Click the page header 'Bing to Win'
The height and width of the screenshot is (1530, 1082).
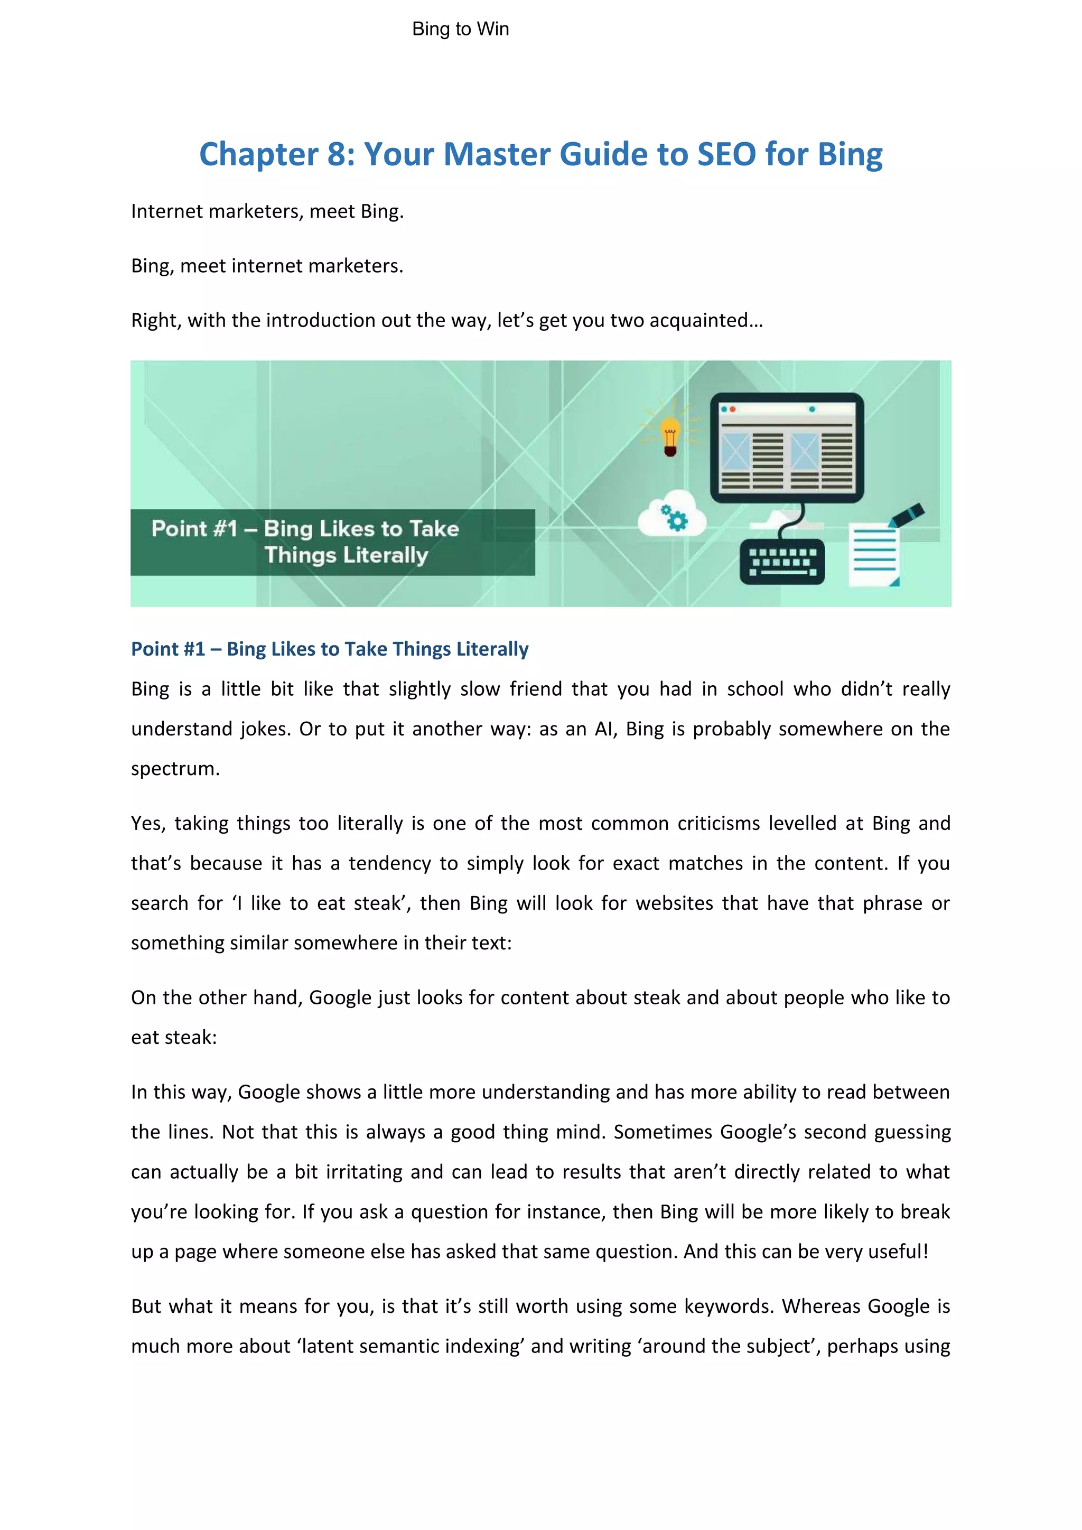460,29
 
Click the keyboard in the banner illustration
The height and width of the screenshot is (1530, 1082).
782,561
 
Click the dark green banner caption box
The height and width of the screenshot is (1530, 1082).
332,542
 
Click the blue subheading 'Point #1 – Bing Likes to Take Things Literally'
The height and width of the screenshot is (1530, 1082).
330,649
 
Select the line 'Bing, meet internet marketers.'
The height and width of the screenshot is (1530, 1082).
267,266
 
